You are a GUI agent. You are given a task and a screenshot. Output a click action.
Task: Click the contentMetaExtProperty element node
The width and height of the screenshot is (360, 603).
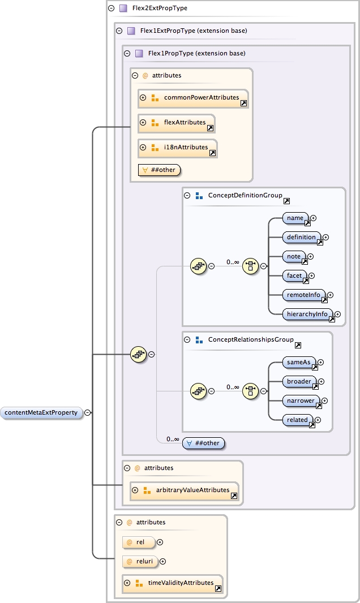point(41,413)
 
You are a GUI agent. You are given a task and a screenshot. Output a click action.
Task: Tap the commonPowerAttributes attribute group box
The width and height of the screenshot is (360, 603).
point(193,98)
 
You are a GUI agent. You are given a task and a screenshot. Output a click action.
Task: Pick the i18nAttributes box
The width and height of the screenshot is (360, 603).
point(177,148)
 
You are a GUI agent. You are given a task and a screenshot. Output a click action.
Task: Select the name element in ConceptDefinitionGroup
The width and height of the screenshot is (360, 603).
point(295,218)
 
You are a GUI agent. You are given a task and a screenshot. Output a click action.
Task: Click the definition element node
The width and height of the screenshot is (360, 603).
point(302,238)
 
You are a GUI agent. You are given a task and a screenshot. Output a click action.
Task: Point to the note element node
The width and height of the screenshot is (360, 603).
point(294,257)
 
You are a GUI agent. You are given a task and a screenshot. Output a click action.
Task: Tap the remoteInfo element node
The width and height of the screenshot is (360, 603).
point(304,295)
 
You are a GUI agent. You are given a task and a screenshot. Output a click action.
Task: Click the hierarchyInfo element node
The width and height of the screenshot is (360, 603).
point(307,314)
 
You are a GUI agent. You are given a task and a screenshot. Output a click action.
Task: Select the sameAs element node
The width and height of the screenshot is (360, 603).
point(299,362)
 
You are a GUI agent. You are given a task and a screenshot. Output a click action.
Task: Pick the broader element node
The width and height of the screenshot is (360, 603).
point(299,382)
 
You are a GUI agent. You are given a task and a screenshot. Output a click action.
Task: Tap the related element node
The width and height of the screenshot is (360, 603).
point(298,420)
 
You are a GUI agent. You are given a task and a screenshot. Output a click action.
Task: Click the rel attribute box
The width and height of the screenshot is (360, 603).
point(139,542)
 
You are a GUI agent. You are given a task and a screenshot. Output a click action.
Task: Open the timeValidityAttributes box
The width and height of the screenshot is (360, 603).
point(173,583)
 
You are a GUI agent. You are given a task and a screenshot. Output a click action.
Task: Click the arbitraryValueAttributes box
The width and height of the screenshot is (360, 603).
point(184,490)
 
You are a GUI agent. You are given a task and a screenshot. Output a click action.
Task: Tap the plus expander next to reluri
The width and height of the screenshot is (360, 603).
point(163,562)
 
